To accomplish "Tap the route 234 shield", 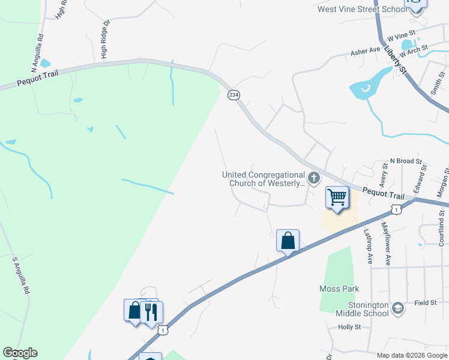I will click(x=234, y=95).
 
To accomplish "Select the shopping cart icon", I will click(x=337, y=197).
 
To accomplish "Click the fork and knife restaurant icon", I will click(x=151, y=311).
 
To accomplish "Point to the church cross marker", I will click(x=313, y=178).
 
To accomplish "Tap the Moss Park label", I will click(x=340, y=289).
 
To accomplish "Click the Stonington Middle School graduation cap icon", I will click(x=397, y=308).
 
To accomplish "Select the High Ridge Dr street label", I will click(x=106, y=40).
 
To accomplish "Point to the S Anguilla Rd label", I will click(x=20, y=275).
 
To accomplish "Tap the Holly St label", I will click(x=349, y=327).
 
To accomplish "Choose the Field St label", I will click(x=425, y=303).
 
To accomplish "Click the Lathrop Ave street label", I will click(x=369, y=246).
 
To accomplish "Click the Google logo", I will click(x=20, y=353).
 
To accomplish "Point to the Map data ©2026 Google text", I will click(x=411, y=355).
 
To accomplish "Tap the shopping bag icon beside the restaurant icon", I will click(x=134, y=311).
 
